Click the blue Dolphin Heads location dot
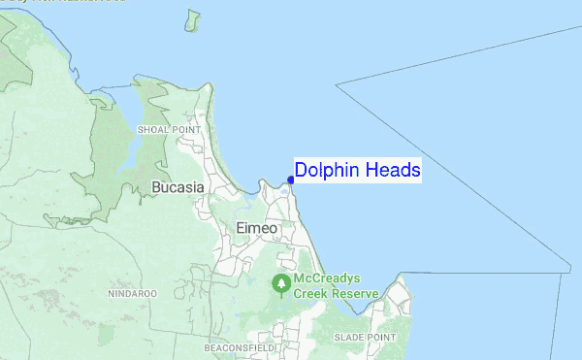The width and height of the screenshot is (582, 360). [291, 179]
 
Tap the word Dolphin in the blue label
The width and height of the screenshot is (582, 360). [326, 171]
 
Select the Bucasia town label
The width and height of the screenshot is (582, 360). [176, 187]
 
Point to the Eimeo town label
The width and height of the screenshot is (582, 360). [257, 228]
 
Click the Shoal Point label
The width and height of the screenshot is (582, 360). [169, 128]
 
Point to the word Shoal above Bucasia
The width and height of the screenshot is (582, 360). [153, 128]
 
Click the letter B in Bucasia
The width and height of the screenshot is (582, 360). [157, 187]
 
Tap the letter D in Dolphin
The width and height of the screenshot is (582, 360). [301, 171]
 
